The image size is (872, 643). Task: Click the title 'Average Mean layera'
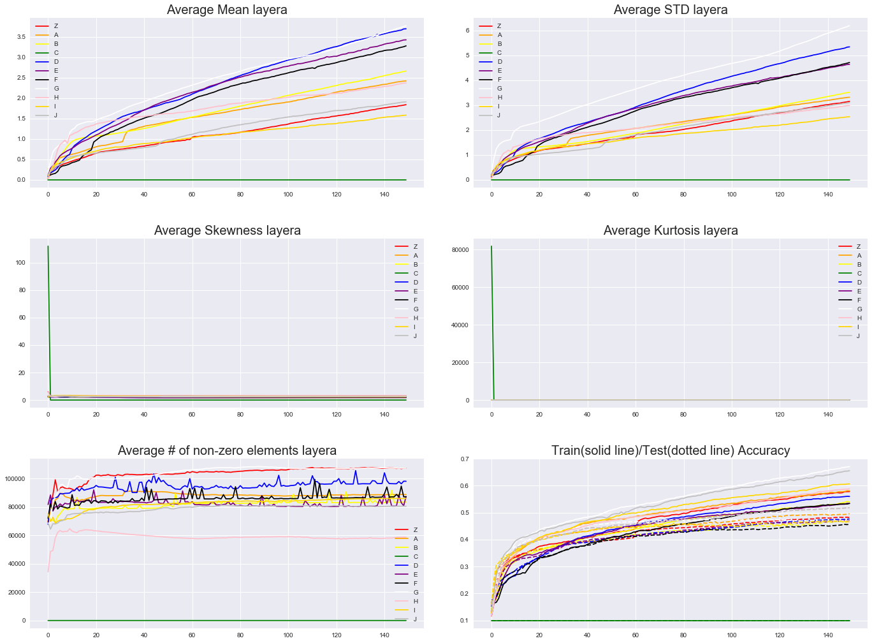point(227,10)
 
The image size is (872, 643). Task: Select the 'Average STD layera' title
point(671,10)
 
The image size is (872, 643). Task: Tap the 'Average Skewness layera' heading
point(227,230)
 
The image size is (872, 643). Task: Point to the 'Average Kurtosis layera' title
point(671,230)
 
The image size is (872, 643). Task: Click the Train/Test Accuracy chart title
point(671,450)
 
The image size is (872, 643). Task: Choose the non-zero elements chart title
point(227,450)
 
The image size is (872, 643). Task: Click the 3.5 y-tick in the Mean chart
point(21,37)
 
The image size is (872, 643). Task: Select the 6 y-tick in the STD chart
point(467,31)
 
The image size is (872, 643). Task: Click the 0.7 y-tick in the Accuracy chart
point(464,459)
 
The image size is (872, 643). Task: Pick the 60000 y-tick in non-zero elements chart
point(15,536)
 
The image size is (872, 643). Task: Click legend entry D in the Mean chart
point(55,62)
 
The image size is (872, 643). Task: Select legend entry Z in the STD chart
point(499,26)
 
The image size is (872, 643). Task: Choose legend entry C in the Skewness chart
point(415,274)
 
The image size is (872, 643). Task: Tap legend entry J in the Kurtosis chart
point(858,336)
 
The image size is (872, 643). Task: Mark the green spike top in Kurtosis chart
point(491,246)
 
